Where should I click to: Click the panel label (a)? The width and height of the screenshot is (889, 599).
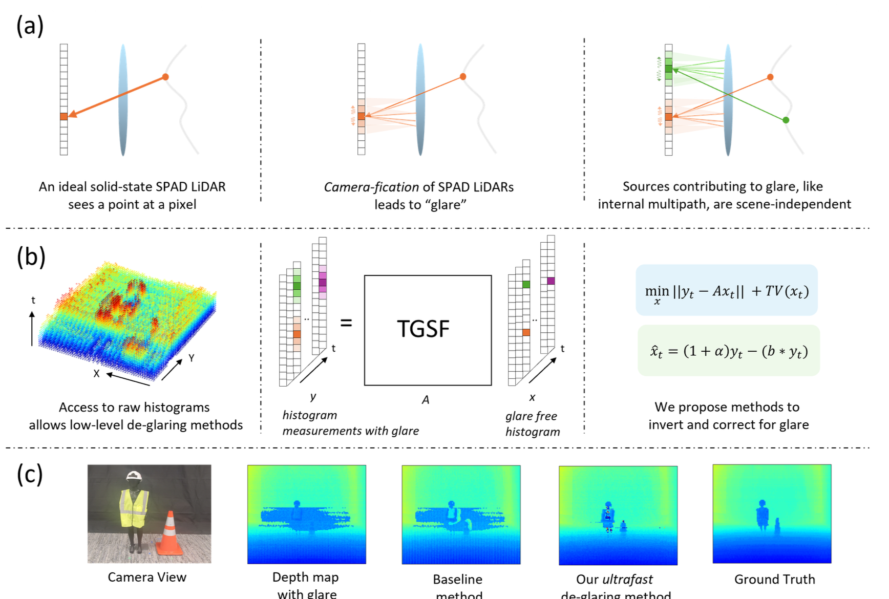(30, 26)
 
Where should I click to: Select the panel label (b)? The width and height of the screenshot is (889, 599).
(31, 257)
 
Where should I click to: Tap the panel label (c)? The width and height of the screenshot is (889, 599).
(30, 475)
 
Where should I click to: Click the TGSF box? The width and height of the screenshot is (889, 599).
(428, 330)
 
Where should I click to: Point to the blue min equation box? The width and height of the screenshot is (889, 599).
(726, 290)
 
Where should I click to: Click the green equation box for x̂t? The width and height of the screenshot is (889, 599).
(728, 351)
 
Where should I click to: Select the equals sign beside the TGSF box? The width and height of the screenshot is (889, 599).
(346, 323)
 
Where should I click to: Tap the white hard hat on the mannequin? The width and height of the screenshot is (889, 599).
(134, 476)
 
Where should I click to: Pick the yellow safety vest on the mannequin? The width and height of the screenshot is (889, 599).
(134, 508)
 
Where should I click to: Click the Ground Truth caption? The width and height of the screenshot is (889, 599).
(774, 579)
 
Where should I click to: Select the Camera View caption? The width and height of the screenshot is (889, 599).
(147, 577)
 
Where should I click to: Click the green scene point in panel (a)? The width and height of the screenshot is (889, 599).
(786, 120)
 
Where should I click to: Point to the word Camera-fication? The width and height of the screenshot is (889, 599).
(371, 187)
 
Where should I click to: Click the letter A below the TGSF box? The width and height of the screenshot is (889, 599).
(426, 400)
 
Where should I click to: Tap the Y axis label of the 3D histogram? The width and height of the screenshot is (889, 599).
(192, 358)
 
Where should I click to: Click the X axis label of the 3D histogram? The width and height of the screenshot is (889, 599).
(96, 374)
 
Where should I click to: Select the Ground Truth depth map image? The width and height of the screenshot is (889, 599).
(772, 514)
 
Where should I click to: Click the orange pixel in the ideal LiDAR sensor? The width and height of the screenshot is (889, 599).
(63, 117)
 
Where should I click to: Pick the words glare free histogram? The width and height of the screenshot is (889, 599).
(533, 424)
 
